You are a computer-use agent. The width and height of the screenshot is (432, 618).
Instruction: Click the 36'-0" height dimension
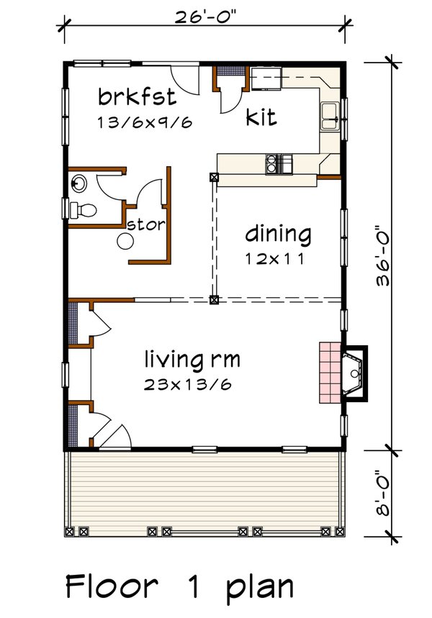pos(382,255)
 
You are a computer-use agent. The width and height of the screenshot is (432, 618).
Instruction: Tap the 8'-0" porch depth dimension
pos(382,493)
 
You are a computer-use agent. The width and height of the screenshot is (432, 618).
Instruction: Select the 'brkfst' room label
pos(137,97)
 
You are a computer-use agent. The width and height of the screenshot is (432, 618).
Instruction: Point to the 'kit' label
pos(261,117)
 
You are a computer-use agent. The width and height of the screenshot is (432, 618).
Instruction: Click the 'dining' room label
pos(278,235)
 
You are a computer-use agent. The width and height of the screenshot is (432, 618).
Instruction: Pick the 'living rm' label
pos(192,360)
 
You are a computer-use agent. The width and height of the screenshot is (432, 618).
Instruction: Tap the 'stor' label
pos(146,224)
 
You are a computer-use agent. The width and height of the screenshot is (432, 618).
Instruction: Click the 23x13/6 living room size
pos(187,384)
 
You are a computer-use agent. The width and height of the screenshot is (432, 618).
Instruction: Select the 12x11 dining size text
pos(275,259)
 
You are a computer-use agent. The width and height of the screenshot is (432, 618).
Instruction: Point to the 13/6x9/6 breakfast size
pos(145,122)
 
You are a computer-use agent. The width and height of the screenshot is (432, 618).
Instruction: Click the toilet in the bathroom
pos(84,209)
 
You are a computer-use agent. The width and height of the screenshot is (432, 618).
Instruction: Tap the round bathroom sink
pos(79,183)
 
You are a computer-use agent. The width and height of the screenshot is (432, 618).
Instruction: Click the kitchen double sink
pos(330,116)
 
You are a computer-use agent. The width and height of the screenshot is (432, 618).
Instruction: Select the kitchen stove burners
pos(272,164)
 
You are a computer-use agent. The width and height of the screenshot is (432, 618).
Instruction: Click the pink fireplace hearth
pos(330,373)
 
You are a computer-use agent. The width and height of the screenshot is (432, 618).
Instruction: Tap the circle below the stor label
pos(125,241)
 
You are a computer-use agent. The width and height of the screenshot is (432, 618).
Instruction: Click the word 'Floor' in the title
pos(112,586)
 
